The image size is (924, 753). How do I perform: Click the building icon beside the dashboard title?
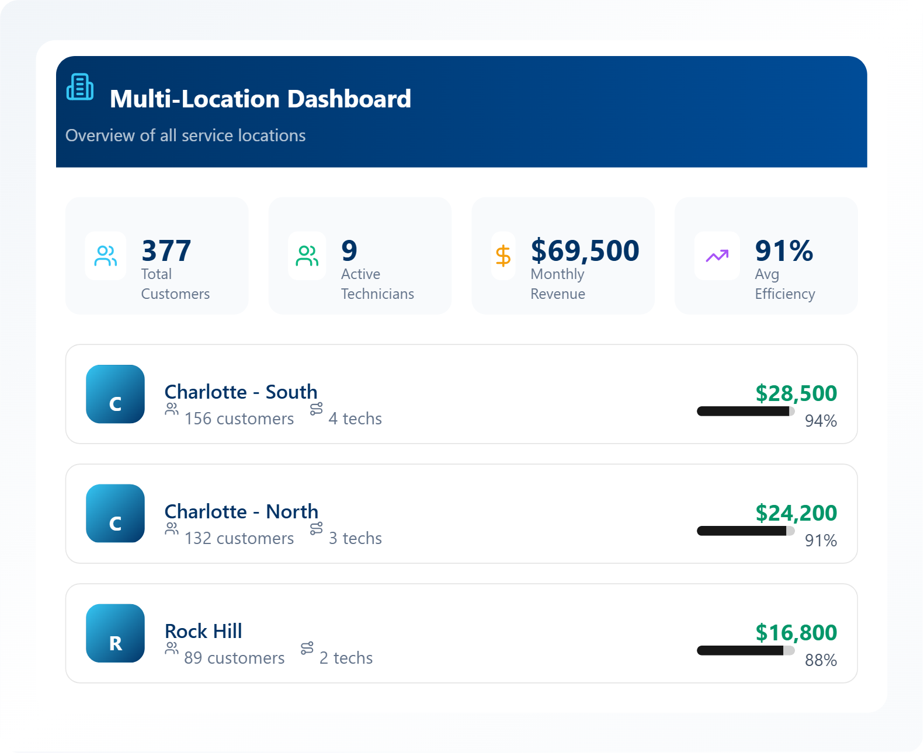click(x=80, y=87)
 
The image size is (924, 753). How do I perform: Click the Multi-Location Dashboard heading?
click(x=260, y=99)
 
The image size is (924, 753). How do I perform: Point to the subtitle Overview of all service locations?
click(x=185, y=135)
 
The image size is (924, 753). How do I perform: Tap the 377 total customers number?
click(x=166, y=250)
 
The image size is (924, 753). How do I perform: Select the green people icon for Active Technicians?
click(x=307, y=256)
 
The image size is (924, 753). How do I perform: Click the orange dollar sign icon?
click(x=503, y=256)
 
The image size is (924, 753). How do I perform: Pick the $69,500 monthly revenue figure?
click(x=585, y=250)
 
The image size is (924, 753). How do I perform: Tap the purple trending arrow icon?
click(x=717, y=256)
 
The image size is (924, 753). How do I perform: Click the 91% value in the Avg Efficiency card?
click(x=784, y=250)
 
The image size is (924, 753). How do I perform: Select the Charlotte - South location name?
click(x=241, y=392)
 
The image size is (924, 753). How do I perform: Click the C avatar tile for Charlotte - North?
click(x=116, y=514)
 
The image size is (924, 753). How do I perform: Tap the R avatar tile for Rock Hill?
click(x=116, y=633)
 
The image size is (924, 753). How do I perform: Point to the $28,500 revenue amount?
click(x=796, y=393)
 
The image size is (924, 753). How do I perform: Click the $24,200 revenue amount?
click(x=796, y=513)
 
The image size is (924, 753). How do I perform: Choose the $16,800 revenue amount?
click(x=796, y=633)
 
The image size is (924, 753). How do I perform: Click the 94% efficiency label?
click(x=821, y=421)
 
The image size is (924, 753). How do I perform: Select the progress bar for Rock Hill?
click(x=745, y=650)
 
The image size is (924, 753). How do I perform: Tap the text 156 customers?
click(x=239, y=419)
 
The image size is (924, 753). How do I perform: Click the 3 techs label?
click(x=355, y=538)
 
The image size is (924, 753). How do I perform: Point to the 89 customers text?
click(x=234, y=658)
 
